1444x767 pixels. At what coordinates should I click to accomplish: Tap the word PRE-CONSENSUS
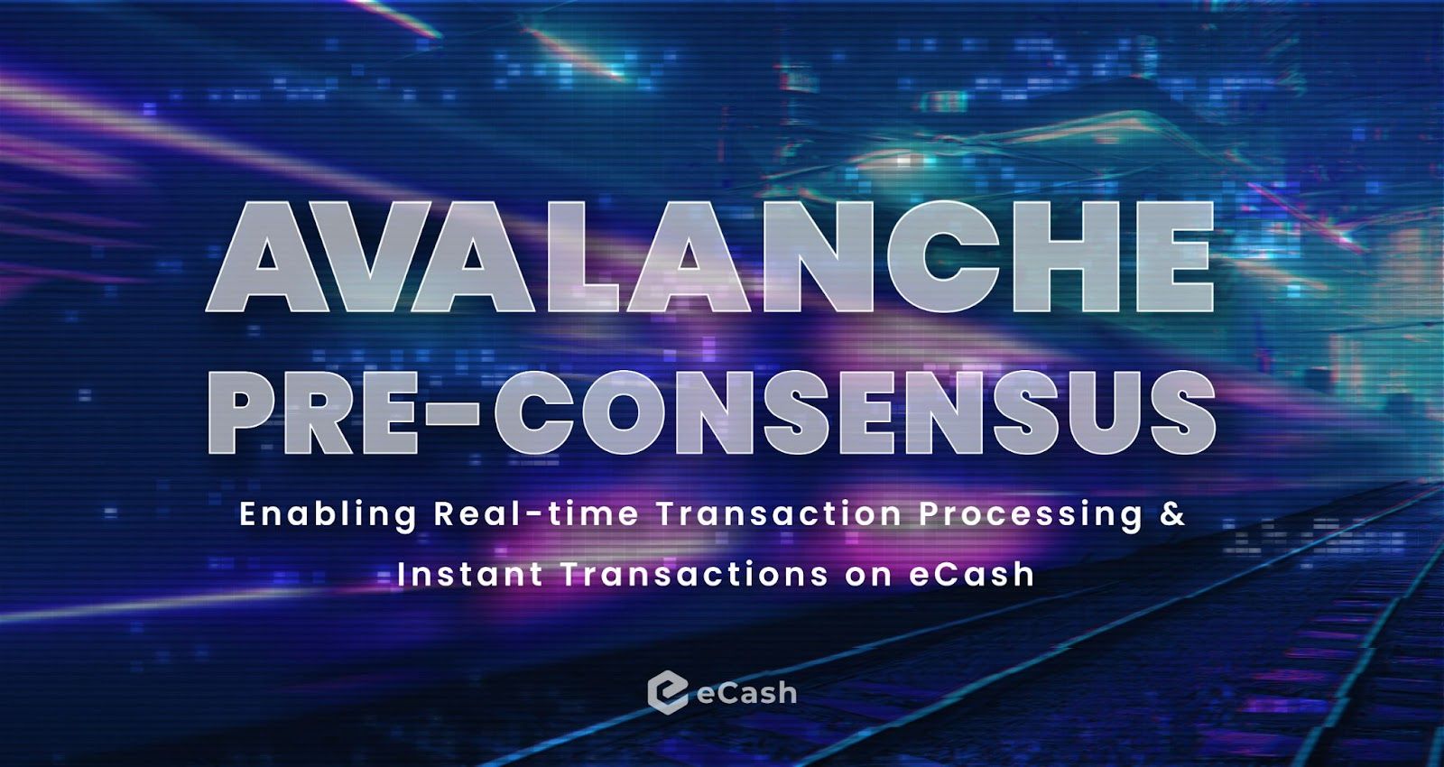(x=711, y=412)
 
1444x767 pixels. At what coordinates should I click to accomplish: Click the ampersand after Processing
(x=1173, y=514)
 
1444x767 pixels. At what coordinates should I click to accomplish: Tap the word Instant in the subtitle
(x=470, y=575)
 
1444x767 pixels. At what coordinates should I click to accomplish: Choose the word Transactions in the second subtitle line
(x=695, y=575)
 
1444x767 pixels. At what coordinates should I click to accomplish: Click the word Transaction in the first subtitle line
(x=779, y=514)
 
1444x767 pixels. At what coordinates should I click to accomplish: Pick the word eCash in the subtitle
(x=971, y=575)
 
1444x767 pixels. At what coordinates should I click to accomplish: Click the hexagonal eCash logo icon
(x=667, y=692)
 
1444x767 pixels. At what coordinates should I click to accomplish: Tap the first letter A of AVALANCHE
(x=267, y=258)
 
